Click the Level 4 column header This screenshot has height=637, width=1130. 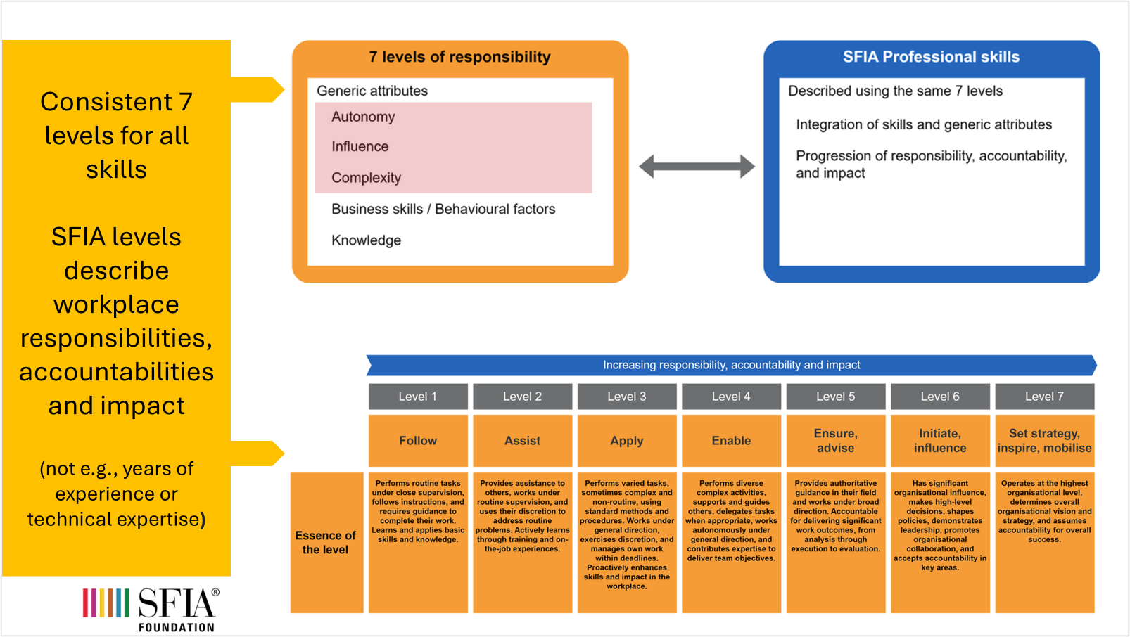click(731, 397)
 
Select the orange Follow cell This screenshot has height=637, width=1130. click(418, 441)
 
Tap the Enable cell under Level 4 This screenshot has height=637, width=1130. click(731, 441)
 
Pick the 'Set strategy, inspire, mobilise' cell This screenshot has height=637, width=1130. click(1044, 441)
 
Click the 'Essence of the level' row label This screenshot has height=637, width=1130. click(326, 542)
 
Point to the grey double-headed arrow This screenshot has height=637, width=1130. click(697, 167)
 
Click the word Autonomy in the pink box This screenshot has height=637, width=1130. click(363, 117)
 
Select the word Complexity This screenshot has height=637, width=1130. click(366, 178)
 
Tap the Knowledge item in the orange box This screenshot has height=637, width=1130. click(366, 240)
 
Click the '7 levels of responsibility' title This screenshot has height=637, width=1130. click(459, 57)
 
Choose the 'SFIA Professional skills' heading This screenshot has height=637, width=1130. click(931, 57)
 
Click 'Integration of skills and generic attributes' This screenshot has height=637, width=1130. click(923, 124)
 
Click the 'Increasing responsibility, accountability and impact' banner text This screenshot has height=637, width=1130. click(731, 365)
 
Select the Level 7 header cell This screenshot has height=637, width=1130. click(1044, 397)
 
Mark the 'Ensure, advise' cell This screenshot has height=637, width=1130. click(835, 441)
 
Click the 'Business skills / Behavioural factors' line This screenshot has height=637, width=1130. click(443, 209)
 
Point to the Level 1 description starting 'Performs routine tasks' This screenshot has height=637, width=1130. click(418, 511)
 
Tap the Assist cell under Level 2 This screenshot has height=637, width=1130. click(522, 441)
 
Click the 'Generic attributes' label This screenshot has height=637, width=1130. click(372, 91)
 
